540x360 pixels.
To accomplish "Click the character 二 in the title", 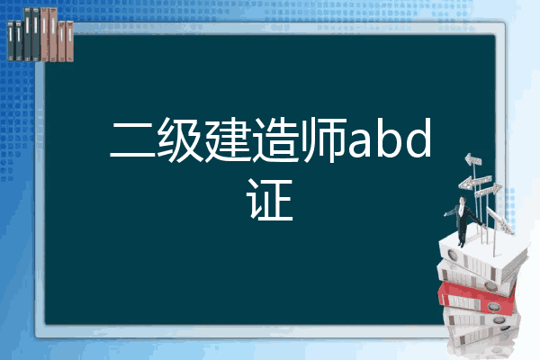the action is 132,140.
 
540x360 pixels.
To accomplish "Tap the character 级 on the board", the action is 180,139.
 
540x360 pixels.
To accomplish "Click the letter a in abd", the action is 361,145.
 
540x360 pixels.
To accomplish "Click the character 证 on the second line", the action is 270,200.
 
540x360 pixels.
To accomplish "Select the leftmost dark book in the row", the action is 11,41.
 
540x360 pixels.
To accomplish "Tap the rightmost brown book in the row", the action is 70,41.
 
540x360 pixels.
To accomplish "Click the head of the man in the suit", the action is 463,200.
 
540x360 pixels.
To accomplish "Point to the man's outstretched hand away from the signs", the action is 445,214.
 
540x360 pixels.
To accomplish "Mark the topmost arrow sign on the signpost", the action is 472,160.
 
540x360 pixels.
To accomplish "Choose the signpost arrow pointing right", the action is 488,190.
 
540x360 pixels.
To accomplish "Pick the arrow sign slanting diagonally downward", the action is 500,220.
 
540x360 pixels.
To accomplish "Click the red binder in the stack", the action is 477,298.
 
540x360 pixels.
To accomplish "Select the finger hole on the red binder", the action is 493,307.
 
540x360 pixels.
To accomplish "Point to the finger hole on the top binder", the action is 452,256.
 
